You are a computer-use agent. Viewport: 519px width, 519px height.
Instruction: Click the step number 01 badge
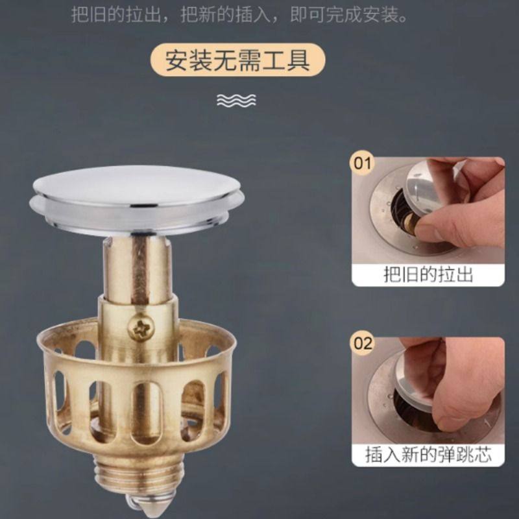361,163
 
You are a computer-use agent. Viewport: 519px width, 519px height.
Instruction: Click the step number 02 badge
361,342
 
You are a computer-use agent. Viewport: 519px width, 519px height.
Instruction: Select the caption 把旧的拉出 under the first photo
428,274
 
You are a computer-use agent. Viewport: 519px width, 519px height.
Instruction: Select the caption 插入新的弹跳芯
428,453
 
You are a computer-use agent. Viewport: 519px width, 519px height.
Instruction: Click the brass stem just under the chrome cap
138,266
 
